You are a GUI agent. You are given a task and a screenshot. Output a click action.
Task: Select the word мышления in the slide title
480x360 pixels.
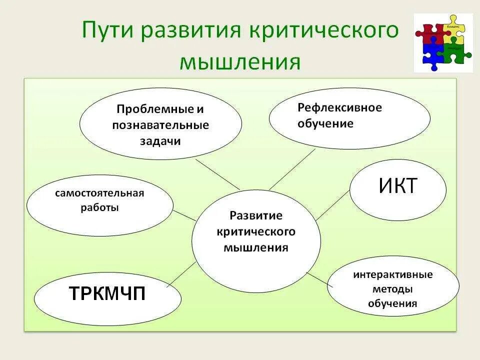239,61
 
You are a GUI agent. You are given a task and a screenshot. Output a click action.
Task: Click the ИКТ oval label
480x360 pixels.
397,186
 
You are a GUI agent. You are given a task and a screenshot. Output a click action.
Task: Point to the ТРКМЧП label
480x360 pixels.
107,293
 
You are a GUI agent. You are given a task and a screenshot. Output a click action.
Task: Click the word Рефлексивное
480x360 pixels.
339,108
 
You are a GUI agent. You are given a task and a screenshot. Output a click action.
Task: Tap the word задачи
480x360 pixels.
160,141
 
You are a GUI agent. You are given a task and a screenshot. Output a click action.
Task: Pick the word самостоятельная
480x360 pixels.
99,193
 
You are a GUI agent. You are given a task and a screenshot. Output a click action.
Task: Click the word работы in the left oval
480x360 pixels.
99,207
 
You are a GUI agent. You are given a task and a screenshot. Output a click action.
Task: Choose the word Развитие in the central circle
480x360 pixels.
256,215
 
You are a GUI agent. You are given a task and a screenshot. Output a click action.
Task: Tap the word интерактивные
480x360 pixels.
392,275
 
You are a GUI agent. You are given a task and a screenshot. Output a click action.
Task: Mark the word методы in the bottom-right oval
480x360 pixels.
392,289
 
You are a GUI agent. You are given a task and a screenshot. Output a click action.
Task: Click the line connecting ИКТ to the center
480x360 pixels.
332,205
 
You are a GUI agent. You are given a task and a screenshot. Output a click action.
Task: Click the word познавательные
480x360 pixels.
160,125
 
